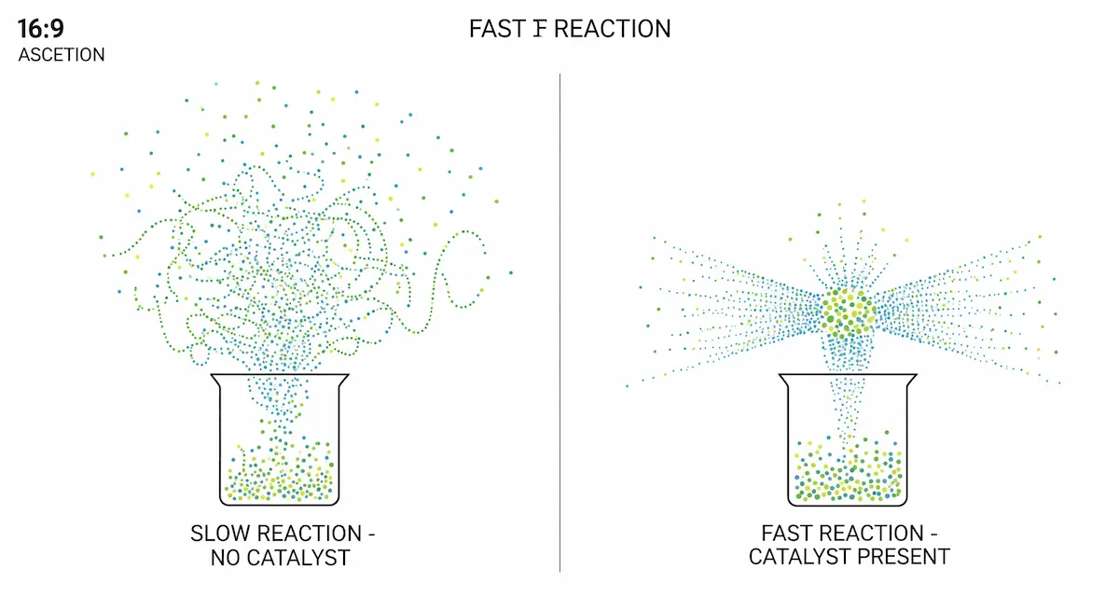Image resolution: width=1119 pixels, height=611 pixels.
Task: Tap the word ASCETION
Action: click(62, 55)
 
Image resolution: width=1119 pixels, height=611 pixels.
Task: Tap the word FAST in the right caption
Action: click(789, 535)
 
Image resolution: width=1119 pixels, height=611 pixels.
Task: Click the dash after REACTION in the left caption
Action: click(370, 535)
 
